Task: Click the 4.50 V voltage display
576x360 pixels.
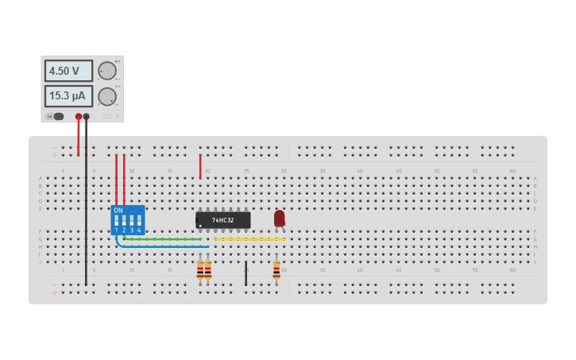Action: (x=68, y=71)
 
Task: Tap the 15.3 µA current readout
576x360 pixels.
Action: (x=68, y=96)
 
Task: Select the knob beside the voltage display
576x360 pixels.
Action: (x=107, y=71)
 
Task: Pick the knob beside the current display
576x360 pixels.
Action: (x=107, y=97)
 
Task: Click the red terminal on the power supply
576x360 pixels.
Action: (x=78, y=117)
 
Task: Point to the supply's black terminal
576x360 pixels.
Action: (x=86, y=117)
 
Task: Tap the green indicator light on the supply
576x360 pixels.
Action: (x=116, y=61)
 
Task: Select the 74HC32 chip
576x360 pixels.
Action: (x=223, y=219)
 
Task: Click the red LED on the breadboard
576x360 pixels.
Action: (x=279, y=218)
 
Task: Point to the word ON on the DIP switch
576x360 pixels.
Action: (x=118, y=211)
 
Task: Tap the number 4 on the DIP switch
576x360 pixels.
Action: (x=139, y=230)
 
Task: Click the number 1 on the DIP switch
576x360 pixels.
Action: (x=116, y=230)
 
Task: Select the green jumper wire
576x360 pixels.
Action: (x=163, y=238)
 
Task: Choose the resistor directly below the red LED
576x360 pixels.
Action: (x=276, y=270)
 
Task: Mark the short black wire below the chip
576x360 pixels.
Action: (x=245, y=273)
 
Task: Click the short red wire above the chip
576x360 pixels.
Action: (x=200, y=166)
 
